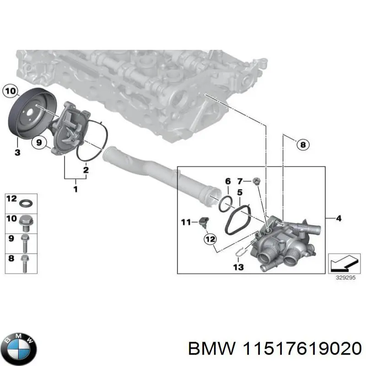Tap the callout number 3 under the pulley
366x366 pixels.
(x=17, y=152)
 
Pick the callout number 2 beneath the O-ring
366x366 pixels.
(x=86, y=171)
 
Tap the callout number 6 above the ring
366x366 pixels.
(x=227, y=182)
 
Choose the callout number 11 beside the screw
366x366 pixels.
(x=185, y=223)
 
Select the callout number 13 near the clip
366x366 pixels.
(x=238, y=266)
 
